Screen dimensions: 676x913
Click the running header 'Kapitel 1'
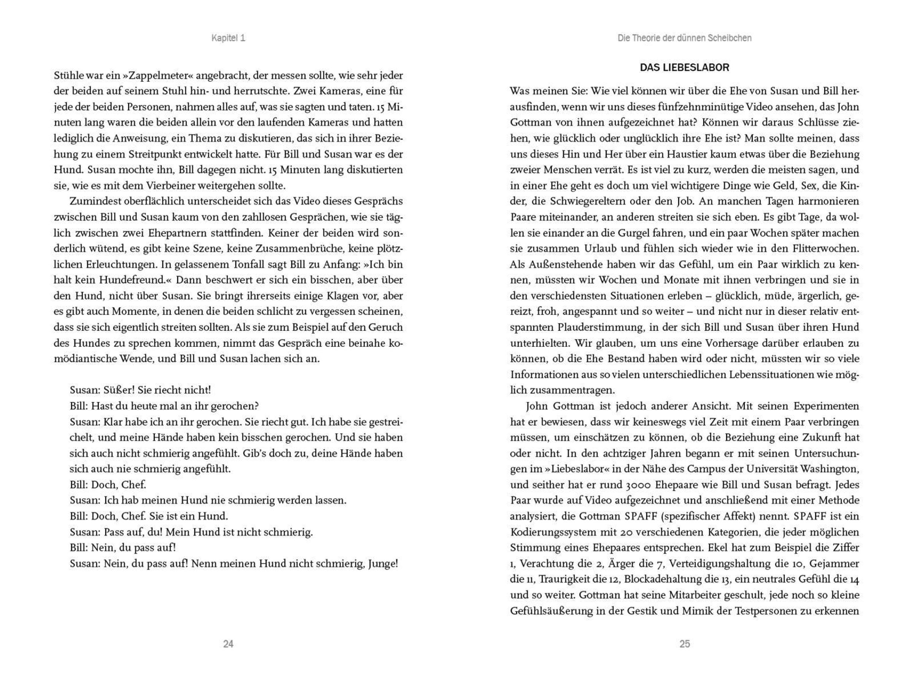pos(228,38)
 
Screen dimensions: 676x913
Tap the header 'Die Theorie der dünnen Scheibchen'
pos(684,38)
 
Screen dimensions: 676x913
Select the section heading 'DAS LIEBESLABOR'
pos(684,68)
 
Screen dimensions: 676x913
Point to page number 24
pos(228,644)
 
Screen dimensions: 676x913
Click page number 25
pos(684,644)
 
